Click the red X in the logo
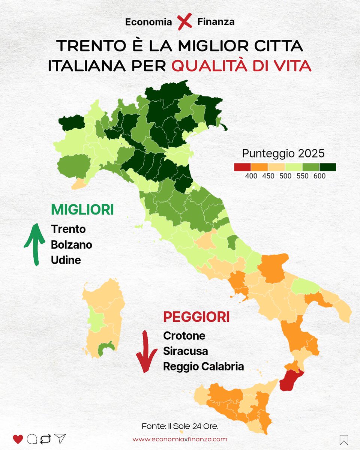click(184, 21)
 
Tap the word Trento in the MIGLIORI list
click(68, 229)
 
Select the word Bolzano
click(72, 244)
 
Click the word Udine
click(66, 260)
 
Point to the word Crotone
click(184, 336)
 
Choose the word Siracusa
click(185, 351)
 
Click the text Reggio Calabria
click(203, 366)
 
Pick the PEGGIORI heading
click(196, 317)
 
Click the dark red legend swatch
click(242, 167)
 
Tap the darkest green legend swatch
click(327, 167)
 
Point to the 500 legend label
click(286, 176)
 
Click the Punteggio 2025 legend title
click(283, 153)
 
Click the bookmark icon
click(343, 439)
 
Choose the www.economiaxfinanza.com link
click(180, 439)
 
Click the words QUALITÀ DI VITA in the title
click(241, 66)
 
